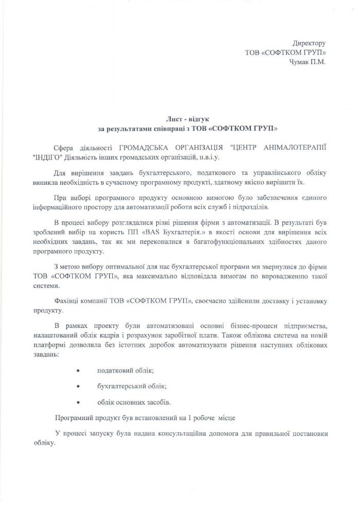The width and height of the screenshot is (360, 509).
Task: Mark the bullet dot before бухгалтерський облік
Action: [x=78, y=386]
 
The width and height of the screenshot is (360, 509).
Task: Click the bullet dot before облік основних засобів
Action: [x=78, y=401]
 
